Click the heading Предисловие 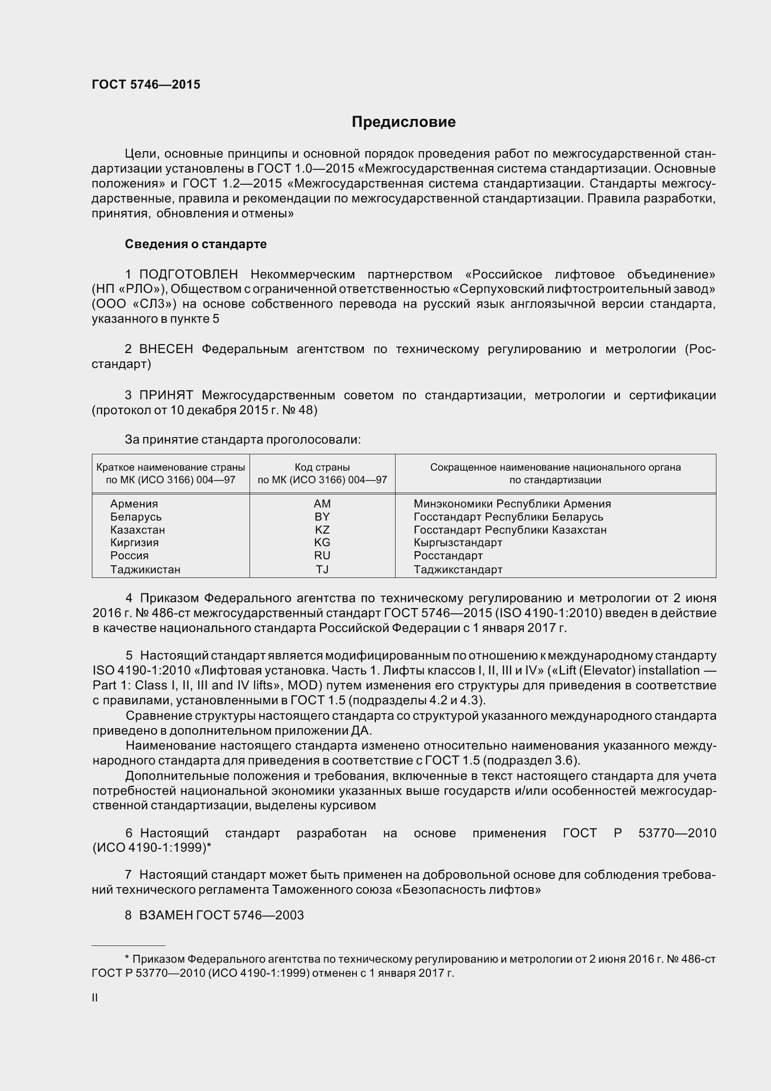pyautogui.click(x=403, y=122)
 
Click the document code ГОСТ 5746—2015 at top pyautogui.click(x=146, y=84)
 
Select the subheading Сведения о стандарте pyautogui.click(x=195, y=244)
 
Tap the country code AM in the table pyautogui.click(x=322, y=504)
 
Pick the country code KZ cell pyautogui.click(x=322, y=529)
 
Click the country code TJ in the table pyautogui.click(x=322, y=569)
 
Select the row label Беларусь pyautogui.click(x=136, y=516)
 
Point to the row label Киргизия pyautogui.click(x=134, y=542)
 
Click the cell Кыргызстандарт pyautogui.click(x=458, y=542)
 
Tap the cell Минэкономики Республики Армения pyautogui.click(x=512, y=504)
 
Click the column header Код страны pyautogui.click(x=322, y=467)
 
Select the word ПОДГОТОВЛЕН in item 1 pyautogui.click(x=188, y=274)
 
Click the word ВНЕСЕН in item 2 pyautogui.click(x=166, y=349)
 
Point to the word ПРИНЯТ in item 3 pyautogui.click(x=166, y=395)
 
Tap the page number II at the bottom pyautogui.click(x=95, y=998)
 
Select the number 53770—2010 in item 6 pyautogui.click(x=677, y=833)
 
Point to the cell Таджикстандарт pyautogui.click(x=458, y=569)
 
